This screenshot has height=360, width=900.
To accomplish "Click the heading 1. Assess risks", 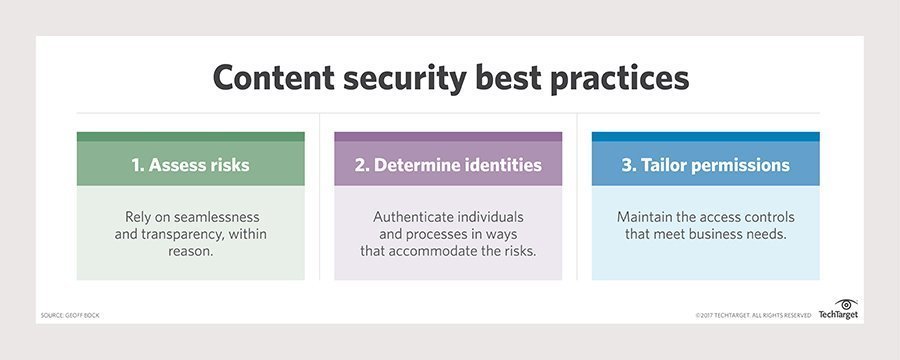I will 191,165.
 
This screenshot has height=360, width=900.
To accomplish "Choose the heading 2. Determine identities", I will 448,165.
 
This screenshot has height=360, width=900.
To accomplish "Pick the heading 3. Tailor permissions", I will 705,165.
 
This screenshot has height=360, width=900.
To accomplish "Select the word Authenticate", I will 420,216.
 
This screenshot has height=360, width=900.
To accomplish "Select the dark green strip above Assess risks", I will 191,137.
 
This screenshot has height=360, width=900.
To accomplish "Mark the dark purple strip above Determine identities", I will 448,137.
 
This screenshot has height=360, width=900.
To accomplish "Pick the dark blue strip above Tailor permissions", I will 705,137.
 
